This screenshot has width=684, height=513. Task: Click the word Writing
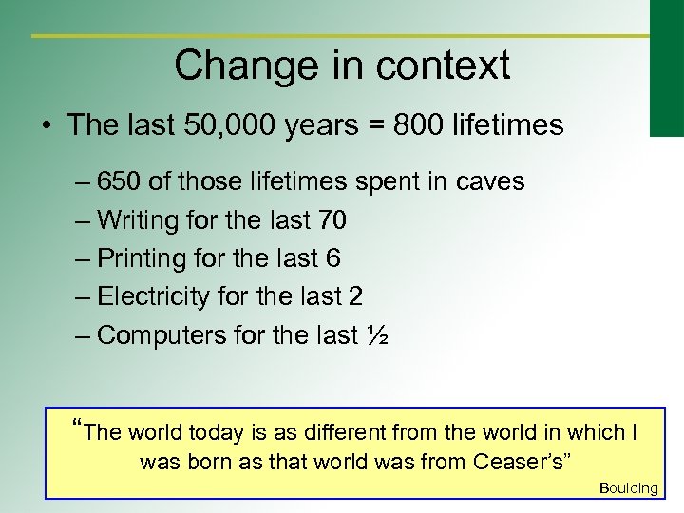tap(139, 220)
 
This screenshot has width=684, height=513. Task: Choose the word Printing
tap(140, 258)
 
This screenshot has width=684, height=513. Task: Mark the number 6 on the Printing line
tap(333, 258)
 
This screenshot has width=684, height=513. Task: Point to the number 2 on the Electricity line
tap(355, 296)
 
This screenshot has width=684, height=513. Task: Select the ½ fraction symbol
tap(376, 334)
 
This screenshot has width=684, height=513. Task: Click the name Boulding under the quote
tap(629, 488)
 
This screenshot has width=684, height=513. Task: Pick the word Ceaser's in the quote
tap(520, 463)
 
